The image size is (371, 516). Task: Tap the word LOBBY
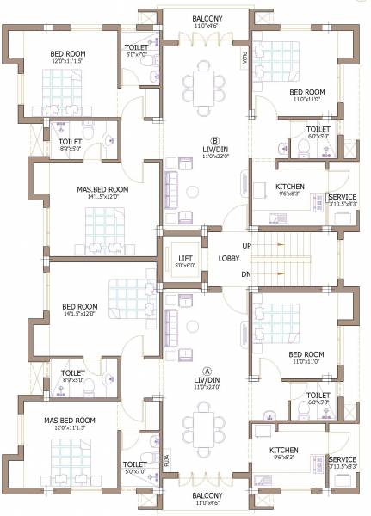(x=229, y=258)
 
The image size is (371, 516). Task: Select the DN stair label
(x=247, y=274)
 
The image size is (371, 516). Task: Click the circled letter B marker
(x=216, y=141)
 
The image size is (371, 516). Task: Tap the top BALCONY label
(x=207, y=18)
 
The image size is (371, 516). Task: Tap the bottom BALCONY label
(x=207, y=496)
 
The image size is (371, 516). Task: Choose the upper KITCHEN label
(x=290, y=186)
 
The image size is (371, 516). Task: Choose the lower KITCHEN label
(x=284, y=451)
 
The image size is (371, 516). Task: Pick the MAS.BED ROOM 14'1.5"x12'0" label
(x=102, y=189)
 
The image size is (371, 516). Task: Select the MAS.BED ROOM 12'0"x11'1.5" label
(x=70, y=421)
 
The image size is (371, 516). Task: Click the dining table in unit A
(x=204, y=427)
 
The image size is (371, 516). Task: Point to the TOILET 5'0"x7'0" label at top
(x=137, y=47)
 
